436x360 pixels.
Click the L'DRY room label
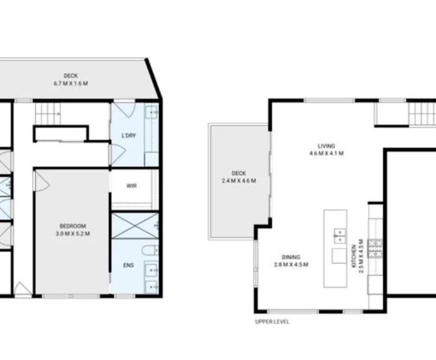click(128, 135)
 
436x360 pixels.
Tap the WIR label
click(132, 186)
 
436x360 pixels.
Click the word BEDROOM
click(73, 226)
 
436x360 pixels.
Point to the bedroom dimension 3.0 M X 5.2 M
click(73, 233)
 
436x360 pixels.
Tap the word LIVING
click(326, 146)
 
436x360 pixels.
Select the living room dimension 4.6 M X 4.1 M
click(326, 154)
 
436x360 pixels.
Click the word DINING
click(291, 257)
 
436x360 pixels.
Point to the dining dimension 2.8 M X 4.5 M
click(291, 264)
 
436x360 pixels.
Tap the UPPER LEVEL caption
click(272, 322)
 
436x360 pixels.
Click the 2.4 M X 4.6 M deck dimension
click(239, 181)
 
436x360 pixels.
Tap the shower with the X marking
click(134, 225)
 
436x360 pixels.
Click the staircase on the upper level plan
click(421, 113)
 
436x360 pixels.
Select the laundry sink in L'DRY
click(151, 112)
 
